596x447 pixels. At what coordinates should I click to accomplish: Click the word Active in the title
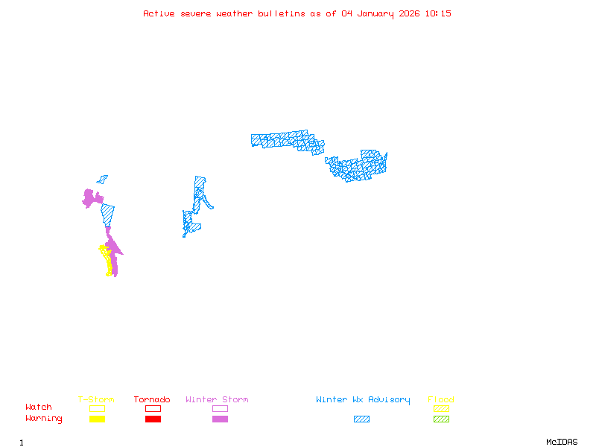(x=159, y=13)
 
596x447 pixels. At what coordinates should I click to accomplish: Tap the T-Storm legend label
(x=96, y=400)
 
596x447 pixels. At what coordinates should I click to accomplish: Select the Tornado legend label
(x=152, y=400)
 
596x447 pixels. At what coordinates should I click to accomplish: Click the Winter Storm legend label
(x=217, y=400)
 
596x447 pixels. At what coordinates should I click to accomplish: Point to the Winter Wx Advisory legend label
(x=363, y=400)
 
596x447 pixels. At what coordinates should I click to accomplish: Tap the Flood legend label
(x=441, y=400)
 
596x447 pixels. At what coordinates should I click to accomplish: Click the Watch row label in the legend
(x=39, y=408)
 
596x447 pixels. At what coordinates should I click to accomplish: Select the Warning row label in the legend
(x=44, y=419)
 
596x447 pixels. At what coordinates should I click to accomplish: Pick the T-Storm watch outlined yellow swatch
(x=97, y=408)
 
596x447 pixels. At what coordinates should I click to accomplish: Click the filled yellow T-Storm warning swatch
(x=97, y=419)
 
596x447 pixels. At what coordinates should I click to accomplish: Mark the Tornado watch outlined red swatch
(x=153, y=408)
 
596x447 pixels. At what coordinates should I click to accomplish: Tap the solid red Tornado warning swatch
(x=153, y=419)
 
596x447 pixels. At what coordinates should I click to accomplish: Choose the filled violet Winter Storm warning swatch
(x=220, y=419)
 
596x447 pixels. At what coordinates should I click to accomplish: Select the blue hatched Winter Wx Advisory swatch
(x=361, y=419)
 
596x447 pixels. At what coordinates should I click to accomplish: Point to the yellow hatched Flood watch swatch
(x=441, y=408)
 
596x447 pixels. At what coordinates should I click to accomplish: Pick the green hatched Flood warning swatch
(x=441, y=419)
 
